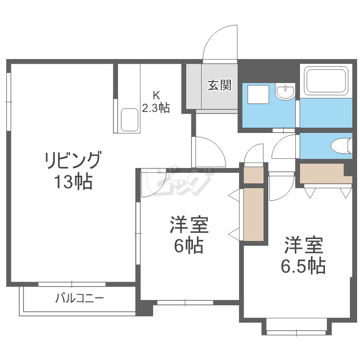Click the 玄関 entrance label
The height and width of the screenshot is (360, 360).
pos(220,85)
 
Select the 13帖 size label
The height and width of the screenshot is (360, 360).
pos(73,182)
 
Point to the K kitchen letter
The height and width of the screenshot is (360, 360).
pos(156,95)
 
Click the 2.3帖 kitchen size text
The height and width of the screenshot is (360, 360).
pos(156,108)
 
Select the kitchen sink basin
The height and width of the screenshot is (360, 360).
pos(130,120)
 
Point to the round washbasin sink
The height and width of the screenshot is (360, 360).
pos(286,92)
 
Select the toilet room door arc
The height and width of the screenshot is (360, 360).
pos(286,147)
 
